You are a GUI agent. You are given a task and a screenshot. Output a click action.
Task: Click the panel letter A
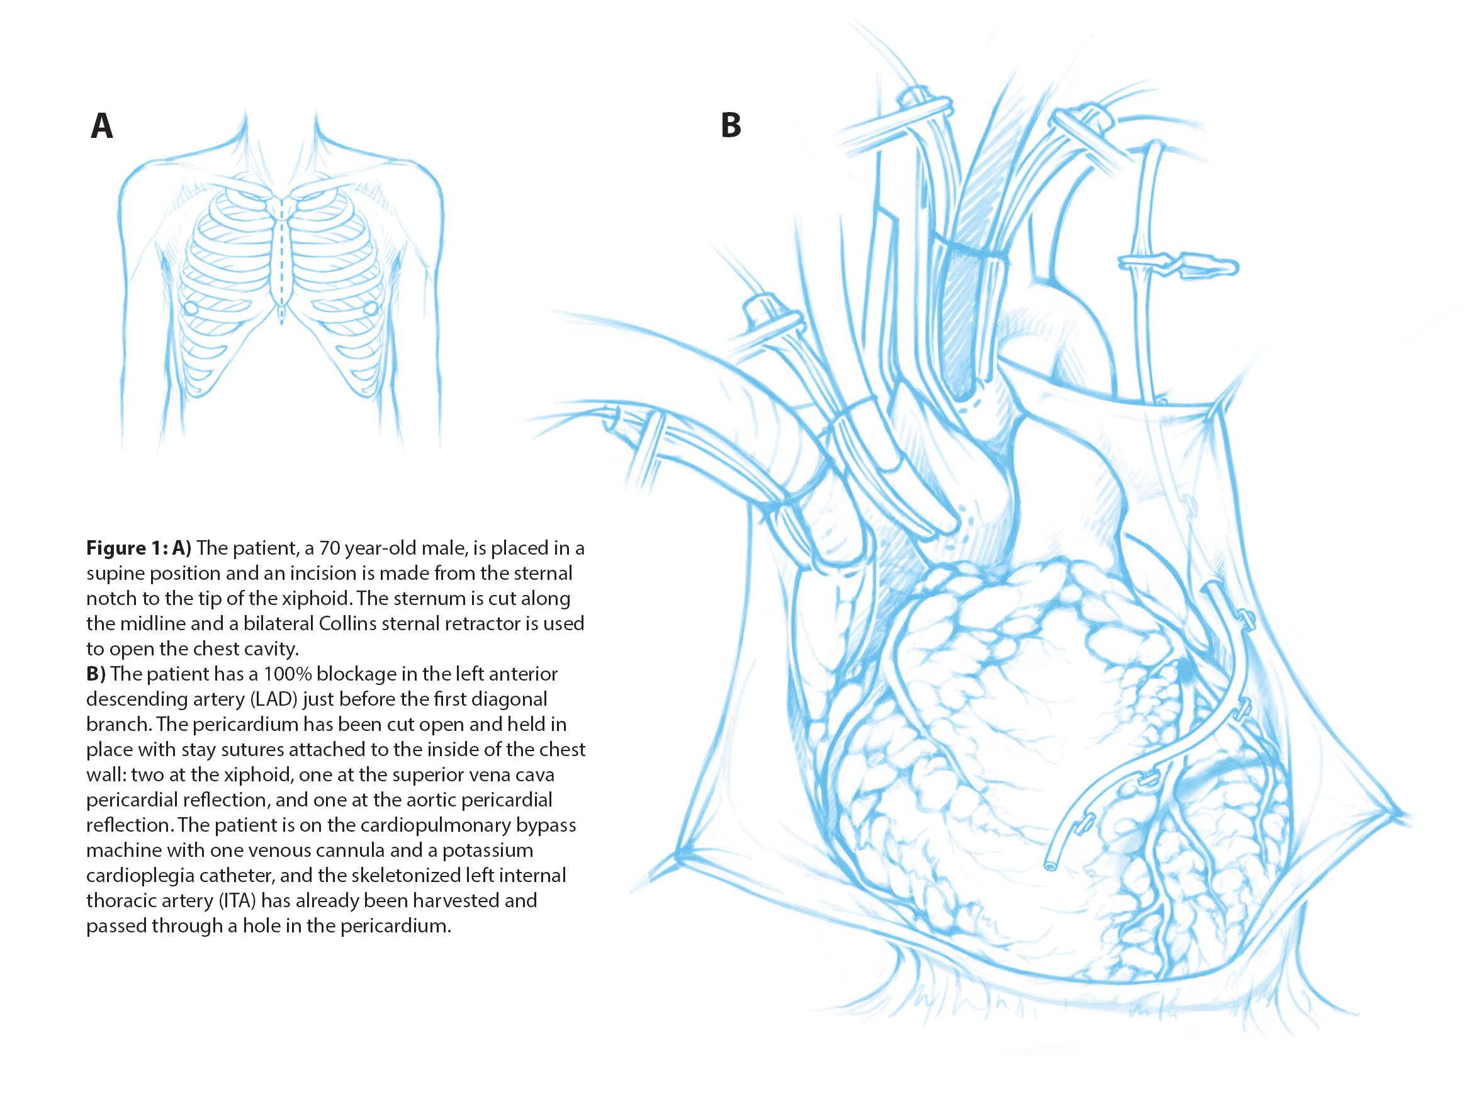[101, 127]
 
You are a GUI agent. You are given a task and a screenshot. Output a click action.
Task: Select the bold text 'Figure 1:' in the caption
[127, 548]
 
